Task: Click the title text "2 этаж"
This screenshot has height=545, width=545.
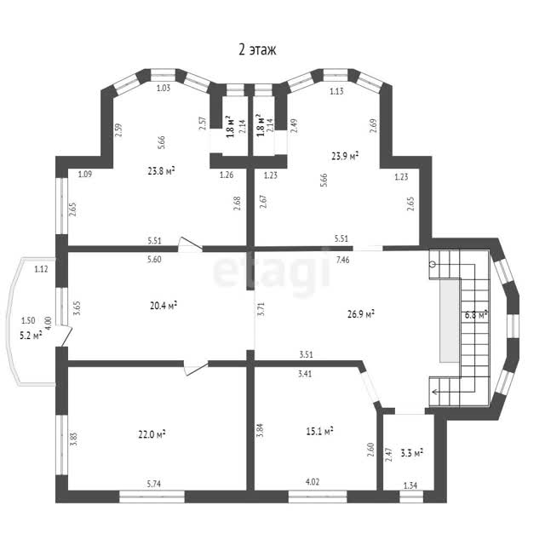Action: [257, 49]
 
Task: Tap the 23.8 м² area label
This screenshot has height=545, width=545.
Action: [161, 170]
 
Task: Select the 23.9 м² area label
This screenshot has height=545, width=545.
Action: [345, 156]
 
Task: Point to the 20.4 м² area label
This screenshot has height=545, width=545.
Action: [163, 306]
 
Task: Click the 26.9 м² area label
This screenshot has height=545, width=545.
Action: [361, 314]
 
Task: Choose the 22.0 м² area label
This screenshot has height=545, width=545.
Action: [152, 434]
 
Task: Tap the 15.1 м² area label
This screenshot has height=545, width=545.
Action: [319, 432]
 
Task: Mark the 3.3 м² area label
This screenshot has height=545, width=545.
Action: [412, 452]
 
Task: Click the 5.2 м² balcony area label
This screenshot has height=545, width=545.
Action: [31, 336]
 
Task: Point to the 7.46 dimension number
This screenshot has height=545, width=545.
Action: [342, 260]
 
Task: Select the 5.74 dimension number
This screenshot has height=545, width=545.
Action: [154, 484]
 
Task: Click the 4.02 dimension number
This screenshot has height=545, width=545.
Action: [313, 482]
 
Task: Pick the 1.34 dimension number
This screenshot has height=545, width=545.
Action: [410, 485]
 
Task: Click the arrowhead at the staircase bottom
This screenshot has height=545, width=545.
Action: [434, 392]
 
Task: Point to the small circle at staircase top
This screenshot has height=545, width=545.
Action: [433, 265]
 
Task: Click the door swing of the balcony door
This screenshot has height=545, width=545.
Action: [66, 336]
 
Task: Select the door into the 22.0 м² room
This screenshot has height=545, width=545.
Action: [197, 369]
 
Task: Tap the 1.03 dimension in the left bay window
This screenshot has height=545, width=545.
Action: [163, 88]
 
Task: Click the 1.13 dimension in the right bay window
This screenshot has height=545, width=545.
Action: [336, 91]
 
